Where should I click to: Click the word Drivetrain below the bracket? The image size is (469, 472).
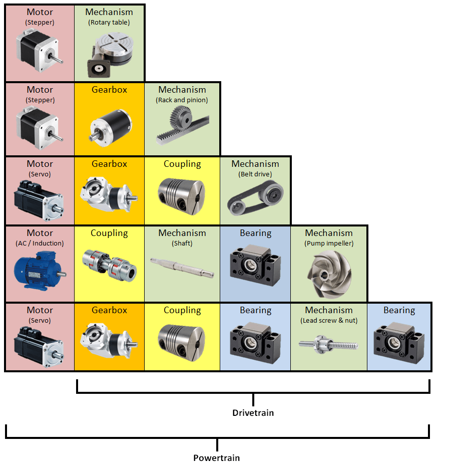[x=253, y=413]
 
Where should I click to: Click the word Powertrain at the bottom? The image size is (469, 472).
[x=216, y=458]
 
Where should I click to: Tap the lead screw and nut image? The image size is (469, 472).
[x=328, y=345]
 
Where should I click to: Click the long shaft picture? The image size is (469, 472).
[x=182, y=267]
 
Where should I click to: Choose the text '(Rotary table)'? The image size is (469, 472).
[x=109, y=22]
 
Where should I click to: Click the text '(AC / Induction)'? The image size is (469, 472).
[x=40, y=244]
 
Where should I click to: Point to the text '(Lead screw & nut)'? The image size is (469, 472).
[x=328, y=321]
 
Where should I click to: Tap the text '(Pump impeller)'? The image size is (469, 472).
[x=328, y=244]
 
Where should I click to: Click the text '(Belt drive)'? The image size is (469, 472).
[x=255, y=174]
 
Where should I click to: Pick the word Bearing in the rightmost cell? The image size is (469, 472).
[x=399, y=310]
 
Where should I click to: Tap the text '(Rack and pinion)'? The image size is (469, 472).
[x=182, y=100]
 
